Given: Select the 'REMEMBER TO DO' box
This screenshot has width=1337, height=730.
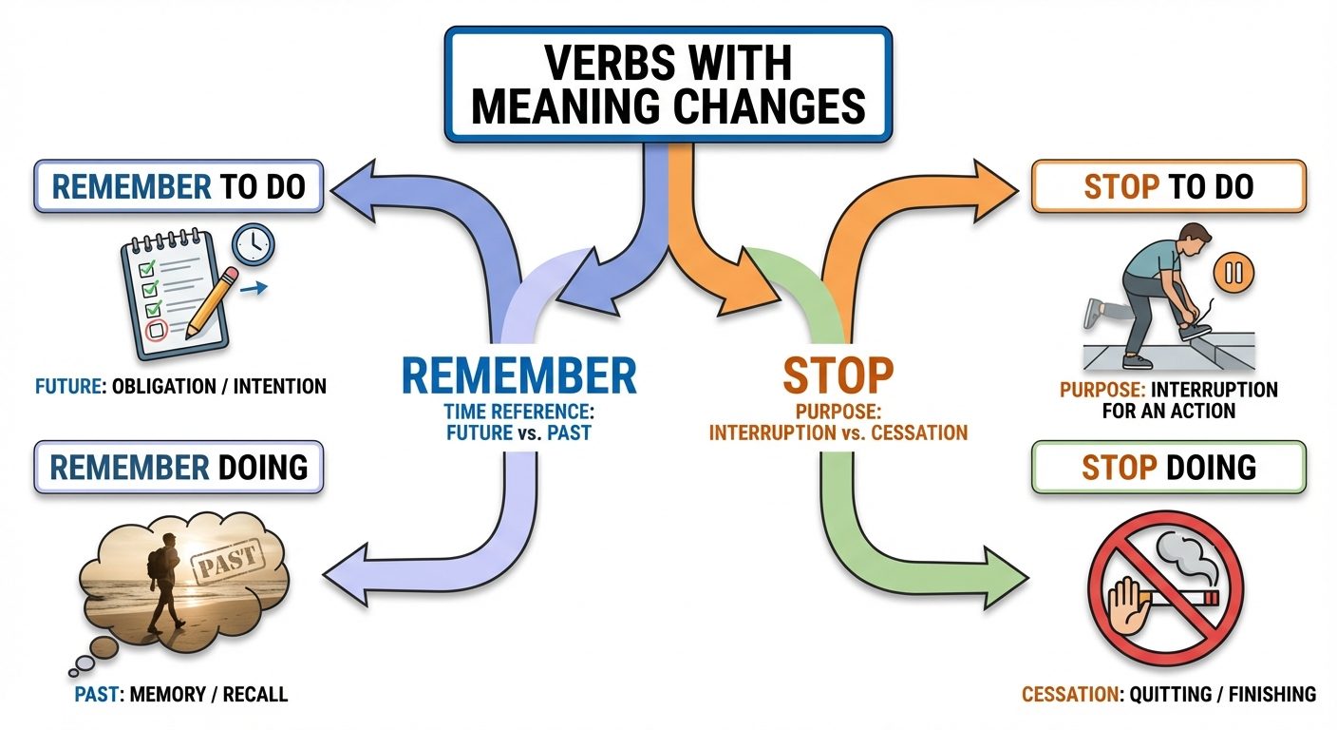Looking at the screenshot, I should point(179,185).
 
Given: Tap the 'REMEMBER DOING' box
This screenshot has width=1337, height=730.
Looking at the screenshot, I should point(179,466).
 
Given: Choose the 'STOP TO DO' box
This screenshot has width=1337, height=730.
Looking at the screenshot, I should point(1168,186).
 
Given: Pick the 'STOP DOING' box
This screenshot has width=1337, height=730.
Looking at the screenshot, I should point(1168,467).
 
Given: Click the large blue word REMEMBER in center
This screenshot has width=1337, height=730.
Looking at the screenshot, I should point(518,375).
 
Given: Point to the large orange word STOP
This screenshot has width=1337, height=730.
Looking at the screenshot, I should point(838,375).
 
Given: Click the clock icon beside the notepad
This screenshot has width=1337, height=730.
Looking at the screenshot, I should point(252,243).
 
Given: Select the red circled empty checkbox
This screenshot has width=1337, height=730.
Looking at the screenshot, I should point(158,330).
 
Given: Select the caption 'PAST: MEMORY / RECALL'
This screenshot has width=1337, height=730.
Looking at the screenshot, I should point(180,695).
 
